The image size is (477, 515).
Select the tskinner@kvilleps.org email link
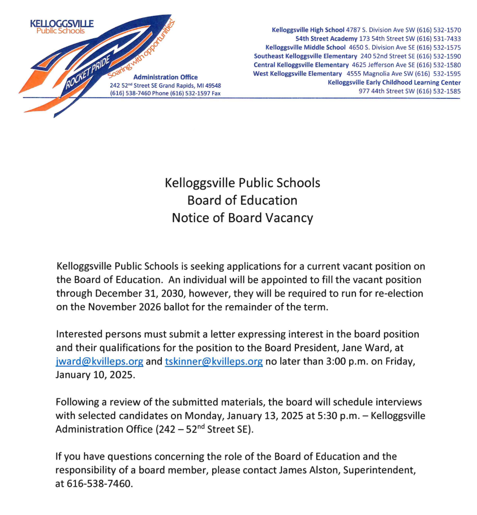coord(214,362)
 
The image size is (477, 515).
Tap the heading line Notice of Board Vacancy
coord(242,218)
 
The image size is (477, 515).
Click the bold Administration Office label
coord(166,77)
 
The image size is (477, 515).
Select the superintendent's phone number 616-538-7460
coord(100,483)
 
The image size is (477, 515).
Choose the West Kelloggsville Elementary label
coord(297,74)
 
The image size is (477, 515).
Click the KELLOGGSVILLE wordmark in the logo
coord(61,23)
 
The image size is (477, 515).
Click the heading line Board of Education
coord(242,200)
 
